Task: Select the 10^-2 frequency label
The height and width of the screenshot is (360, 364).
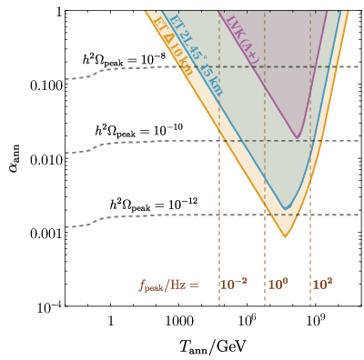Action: (x=233, y=285)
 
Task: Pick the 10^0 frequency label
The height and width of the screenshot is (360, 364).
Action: (x=278, y=285)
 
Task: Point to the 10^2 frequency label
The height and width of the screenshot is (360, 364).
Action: (x=322, y=285)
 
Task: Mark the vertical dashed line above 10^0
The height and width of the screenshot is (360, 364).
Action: (x=265, y=245)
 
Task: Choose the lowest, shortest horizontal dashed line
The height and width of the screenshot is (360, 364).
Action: (x=287, y=215)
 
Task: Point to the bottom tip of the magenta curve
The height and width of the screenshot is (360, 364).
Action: (x=298, y=138)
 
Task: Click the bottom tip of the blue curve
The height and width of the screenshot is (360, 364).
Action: (x=287, y=208)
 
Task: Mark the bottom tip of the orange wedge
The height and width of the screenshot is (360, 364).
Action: (x=285, y=237)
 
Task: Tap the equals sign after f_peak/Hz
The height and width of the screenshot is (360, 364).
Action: (x=194, y=285)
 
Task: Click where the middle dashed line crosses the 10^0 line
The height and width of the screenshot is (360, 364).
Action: (x=265, y=141)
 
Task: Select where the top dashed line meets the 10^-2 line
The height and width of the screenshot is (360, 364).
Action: (x=219, y=66)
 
